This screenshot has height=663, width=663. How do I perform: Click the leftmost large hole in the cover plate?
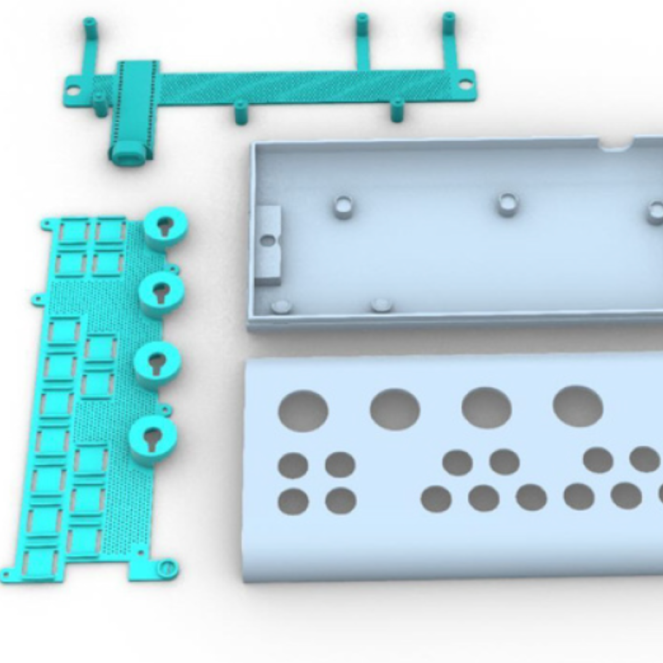[x=303, y=411]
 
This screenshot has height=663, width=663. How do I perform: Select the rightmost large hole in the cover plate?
[x=578, y=406]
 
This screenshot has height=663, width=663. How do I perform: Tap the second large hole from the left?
[x=395, y=409]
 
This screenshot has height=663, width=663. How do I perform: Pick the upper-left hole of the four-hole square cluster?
[x=293, y=465]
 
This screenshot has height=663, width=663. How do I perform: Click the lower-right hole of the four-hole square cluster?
[x=341, y=501]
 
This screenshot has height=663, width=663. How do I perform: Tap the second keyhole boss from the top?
[x=161, y=294]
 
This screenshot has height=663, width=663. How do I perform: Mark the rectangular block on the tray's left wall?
[x=268, y=244]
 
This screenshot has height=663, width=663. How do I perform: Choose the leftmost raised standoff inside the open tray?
[x=343, y=206]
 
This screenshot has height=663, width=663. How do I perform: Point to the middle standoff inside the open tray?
[x=508, y=204]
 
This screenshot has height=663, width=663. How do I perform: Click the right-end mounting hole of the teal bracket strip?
[x=465, y=84]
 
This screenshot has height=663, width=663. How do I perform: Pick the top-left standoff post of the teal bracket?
[x=90, y=28]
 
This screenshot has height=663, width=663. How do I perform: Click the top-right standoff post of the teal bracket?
[x=449, y=23]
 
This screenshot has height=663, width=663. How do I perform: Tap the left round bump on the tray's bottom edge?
[x=282, y=307]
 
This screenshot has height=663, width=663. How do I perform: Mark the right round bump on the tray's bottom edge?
[x=381, y=304]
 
